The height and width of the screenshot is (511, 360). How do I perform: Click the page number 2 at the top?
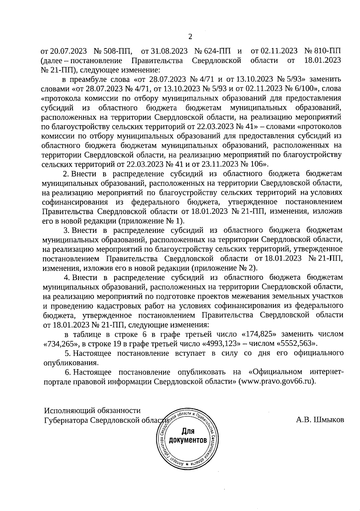190,37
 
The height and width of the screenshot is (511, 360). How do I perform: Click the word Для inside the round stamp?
188,432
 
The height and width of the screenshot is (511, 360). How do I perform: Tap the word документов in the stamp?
188,441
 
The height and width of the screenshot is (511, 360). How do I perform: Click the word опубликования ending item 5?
70,363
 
